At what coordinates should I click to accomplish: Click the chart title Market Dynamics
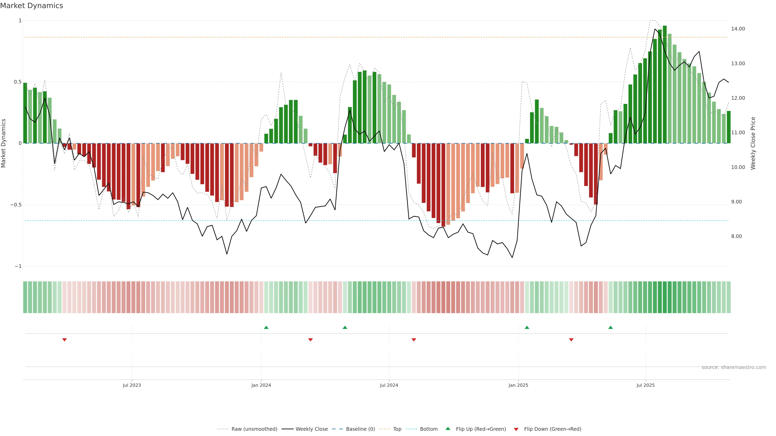point(32,6)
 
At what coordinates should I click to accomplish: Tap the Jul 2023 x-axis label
point(132,385)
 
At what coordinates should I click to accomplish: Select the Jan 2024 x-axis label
point(261,385)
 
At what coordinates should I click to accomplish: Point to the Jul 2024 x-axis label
point(389,385)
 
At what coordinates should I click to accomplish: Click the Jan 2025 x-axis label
point(518,385)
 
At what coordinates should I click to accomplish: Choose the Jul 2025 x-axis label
point(646,385)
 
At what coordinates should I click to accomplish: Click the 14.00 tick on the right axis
point(738,29)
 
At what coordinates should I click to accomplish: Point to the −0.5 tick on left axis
point(16,205)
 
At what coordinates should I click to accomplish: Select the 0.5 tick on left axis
point(18,82)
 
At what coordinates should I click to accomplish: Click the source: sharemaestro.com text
point(734,367)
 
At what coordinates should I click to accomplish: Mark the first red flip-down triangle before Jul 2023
point(64,340)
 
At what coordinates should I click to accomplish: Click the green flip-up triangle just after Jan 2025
point(527,327)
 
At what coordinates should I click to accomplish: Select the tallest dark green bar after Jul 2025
point(664,84)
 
